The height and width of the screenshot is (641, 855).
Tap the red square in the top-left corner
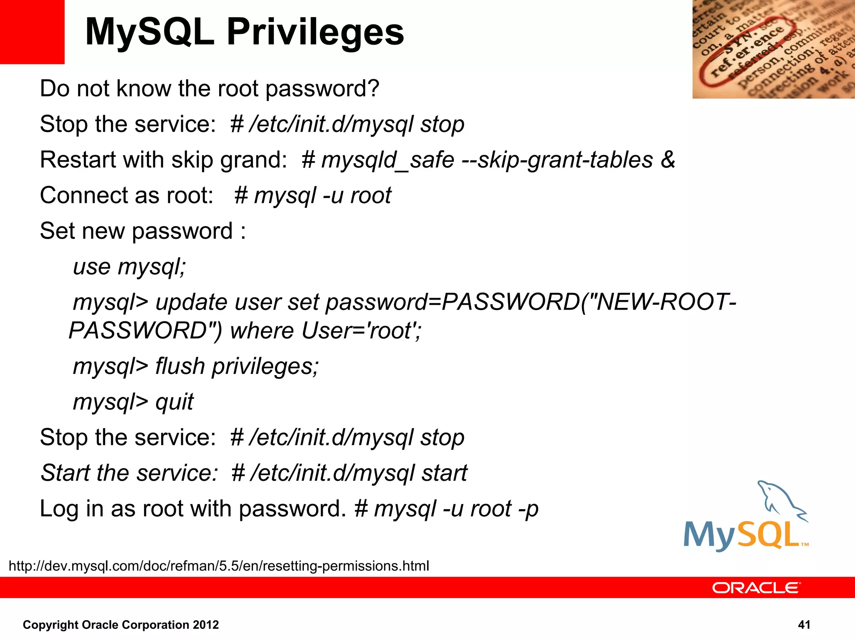pos(32,32)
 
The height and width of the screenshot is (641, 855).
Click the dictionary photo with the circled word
pos(773,49)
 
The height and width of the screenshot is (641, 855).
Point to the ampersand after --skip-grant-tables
pos(668,159)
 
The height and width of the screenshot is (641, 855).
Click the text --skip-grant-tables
pos(557,160)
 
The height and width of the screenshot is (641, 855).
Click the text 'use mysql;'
pos(129,267)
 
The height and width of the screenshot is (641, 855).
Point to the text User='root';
pos(361,331)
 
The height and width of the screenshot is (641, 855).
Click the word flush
pos(180,366)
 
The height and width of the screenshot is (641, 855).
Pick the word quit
pos(175,402)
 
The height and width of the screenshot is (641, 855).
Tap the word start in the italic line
pos(444,473)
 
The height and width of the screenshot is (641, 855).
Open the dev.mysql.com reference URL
pos(219,566)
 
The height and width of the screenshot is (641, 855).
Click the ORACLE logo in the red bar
pos(756,588)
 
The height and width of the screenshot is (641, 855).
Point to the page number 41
pos(804,625)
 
